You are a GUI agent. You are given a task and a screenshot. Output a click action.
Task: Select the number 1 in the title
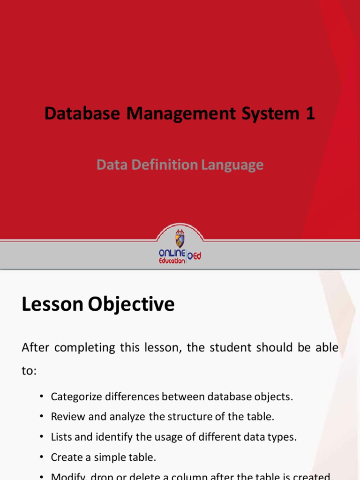[x=310, y=113]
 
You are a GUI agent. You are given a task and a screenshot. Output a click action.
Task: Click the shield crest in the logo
[x=180, y=239]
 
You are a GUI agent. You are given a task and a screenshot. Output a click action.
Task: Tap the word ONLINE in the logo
[x=172, y=253]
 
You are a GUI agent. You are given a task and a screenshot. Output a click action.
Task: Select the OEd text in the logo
[x=194, y=256]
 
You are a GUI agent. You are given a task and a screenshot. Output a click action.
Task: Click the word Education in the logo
[x=172, y=261]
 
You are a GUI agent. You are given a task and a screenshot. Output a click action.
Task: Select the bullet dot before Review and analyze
[x=41, y=416]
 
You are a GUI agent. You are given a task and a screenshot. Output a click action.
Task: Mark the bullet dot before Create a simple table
[x=41, y=457]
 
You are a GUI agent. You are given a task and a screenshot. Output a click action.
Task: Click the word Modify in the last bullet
[x=66, y=476]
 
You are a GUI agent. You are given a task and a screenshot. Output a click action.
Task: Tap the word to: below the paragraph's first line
[x=29, y=371]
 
